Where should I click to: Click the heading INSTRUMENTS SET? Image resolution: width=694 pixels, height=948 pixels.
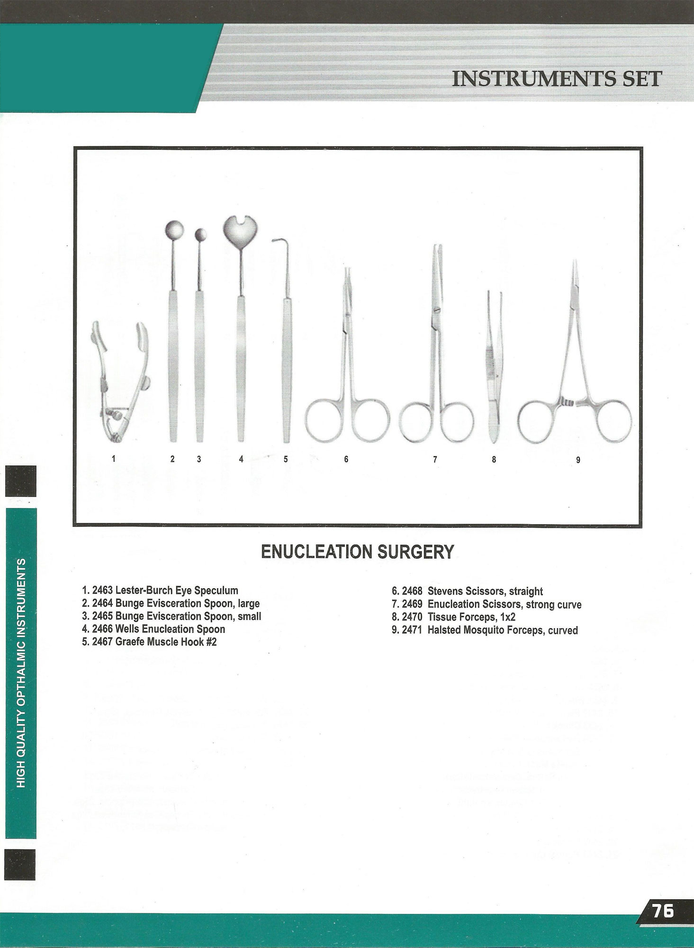pyautogui.click(x=557, y=79)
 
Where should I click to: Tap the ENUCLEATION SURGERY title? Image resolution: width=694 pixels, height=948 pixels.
pyautogui.click(x=358, y=552)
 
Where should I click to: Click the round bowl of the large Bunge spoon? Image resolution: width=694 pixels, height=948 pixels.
pyautogui.click(x=172, y=230)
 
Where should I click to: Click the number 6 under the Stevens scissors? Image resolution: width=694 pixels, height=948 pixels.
pyautogui.click(x=346, y=459)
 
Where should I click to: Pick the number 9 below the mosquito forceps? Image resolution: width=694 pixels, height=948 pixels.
pyautogui.click(x=578, y=459)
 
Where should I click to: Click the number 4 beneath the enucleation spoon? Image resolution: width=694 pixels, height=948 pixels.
pyautogui.click(x=241, y=459)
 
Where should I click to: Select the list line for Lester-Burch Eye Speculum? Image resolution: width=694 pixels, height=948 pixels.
pyautogui.click(x=160, y=591)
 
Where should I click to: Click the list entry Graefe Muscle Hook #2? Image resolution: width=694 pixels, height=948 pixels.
pyautogui.click(x=149, y=642)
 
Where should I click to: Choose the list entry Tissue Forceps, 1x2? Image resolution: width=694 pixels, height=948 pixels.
pyautogui.click(x=454, y=617)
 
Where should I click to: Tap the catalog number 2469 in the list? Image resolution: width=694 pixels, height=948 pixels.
pyautogui.click(x=412, y=604)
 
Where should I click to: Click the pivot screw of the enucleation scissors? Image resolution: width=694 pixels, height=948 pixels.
pyautogui.click(x=435, y=310)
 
